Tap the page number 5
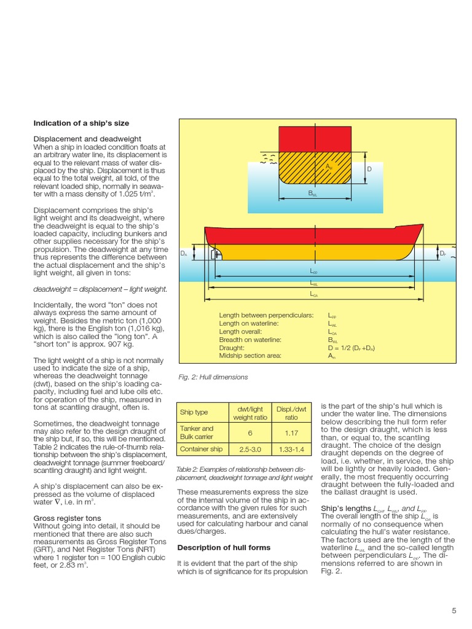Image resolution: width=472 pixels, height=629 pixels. tap(454, 610)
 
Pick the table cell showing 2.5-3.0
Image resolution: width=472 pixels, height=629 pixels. tap(248, 449)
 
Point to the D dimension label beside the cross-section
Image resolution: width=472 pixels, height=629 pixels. tap(369, 168)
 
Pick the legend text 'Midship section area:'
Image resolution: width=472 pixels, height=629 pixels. tap(250, 355)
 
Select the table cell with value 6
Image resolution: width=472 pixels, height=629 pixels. tap(248, 432)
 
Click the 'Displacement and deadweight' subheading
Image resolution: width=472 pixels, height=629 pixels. tap(87, 139)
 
